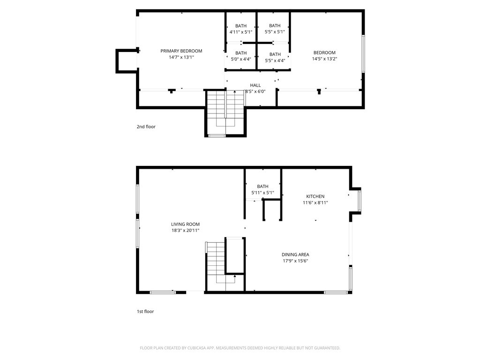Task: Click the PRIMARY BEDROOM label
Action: click(181, 51)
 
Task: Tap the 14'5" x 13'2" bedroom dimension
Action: click(324, 59)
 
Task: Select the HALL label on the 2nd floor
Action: click(255, 85)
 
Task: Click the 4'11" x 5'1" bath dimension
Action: click(241, 32)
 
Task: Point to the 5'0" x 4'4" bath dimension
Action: click(241, 59)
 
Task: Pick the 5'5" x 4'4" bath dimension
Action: click(275, 60)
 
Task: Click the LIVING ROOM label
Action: click(185, 224)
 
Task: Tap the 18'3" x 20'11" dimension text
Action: click(185, 231)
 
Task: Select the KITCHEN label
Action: click(315, 196)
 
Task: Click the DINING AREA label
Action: click(295, 255)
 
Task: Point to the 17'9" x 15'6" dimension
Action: click(295, 261)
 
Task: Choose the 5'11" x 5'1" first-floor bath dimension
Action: click(262, 193)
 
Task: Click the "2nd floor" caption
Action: click(146, 127)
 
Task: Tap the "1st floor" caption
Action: click(145, 311)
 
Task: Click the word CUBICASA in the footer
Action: click(198, 348)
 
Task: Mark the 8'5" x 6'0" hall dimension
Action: click(255, 91)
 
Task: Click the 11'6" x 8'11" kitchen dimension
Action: click(315, 202)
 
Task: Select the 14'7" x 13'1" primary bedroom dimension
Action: click(181, 57)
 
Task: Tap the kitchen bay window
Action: click(360, 201)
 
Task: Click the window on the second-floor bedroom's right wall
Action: click(363, 54)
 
